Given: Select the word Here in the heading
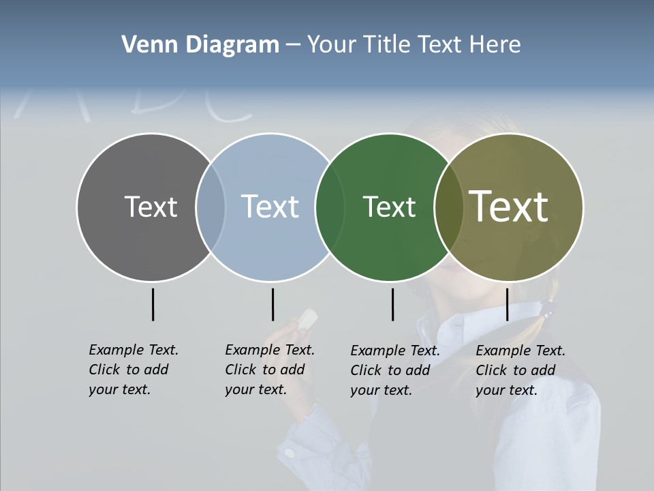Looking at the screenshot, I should click(x=495, y=45).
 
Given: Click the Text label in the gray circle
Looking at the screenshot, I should click(x=151, y=207).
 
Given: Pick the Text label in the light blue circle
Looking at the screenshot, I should click(x=270, y=207).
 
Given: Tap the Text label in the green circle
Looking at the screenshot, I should click(x=389, y=207).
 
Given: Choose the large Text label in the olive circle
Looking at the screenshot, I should click(x=509, y=206).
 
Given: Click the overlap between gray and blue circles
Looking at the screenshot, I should click(x=211, y=207).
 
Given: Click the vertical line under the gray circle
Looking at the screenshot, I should click(x=153, y=304).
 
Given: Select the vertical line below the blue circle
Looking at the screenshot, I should click(x=272, y=304).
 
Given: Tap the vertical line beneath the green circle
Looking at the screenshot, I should click(x=392, y=304).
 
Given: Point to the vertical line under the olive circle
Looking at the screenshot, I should click(x=507, y=304).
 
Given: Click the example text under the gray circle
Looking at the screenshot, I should click(x=133, y=370).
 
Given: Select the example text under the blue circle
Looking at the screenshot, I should click(x=269, y=370).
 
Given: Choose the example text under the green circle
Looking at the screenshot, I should click(x=394, y=370).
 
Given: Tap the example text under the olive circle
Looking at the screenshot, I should click(x=520, y=370).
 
